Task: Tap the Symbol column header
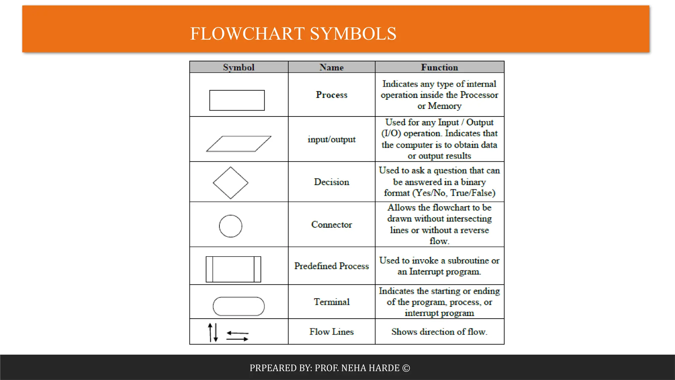tap(239, 67)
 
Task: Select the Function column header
tap(439, 67)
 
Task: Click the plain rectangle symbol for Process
tap(237, 100)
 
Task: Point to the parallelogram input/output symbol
tap(239, 144)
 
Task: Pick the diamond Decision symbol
tap(230, 183)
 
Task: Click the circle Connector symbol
tap(230, 226)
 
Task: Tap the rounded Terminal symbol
tap(239, 306)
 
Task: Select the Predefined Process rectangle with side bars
tap(233, 269)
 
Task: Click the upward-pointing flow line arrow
tap(210, 332)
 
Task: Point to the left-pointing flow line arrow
tap(237, 333)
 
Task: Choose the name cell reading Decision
tap(332, 182)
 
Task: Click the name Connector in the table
tap(332, 225)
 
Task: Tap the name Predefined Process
tap(332, 266)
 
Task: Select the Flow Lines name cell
tap(332, 332)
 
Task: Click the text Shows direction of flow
tap(439, 332)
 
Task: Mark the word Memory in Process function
tap(445, 106)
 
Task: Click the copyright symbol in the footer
tap(406, 368)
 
